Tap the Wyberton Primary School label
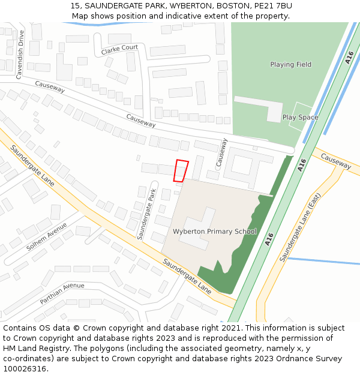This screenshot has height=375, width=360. pos(214,232)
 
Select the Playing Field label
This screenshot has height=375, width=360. pos(290,65)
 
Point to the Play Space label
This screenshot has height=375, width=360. pos(300,118)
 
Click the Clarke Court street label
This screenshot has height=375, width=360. pos(119,50)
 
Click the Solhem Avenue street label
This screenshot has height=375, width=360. pos(47,237)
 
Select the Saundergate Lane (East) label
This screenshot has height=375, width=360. pos(299,230)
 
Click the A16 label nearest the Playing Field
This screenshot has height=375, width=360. pos(349,58)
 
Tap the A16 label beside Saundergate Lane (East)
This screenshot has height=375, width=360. pos(269,239)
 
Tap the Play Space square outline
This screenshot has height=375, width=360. pos(300,118)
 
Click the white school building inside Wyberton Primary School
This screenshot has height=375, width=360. pos(198,228)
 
